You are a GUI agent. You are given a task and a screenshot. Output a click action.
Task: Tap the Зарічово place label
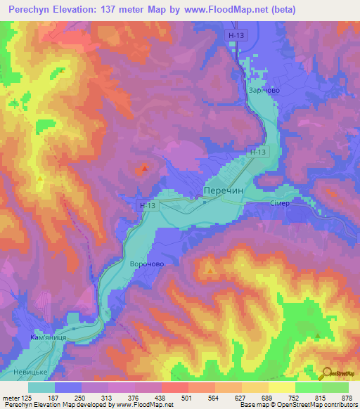click(x=264, y=91)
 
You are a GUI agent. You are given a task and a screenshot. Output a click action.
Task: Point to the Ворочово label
click(x=147, y=264)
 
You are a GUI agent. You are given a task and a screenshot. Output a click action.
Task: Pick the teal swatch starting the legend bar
click(x=41, y=387)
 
